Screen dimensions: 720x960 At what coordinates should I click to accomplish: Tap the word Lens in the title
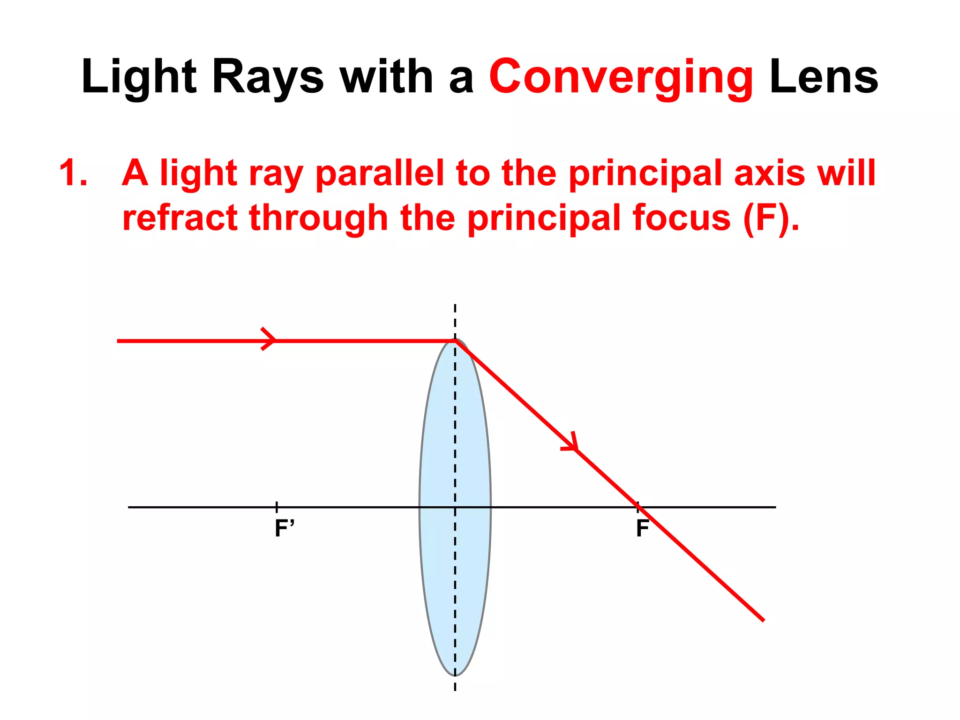(x=824, y=77)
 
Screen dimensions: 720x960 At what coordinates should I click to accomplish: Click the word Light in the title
(x=139, y=77)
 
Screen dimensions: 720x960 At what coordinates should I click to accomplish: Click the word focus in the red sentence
(x=681, y=218)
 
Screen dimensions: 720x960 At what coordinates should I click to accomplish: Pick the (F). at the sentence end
(x=771, y=218)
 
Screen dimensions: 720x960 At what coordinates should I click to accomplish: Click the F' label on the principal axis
(x=284, y=529)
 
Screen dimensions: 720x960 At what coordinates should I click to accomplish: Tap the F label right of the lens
(x=642, y=529)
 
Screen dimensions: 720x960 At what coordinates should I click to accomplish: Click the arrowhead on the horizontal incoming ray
(x=270, y=339)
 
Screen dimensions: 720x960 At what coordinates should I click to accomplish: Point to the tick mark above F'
(x=277, y=506)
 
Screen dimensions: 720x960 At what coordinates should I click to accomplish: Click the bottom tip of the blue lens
(x=455, y=675)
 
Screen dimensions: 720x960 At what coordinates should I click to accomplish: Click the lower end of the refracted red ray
(x=763, y=620)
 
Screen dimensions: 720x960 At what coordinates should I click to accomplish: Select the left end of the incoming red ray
(x=119, y=341)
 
